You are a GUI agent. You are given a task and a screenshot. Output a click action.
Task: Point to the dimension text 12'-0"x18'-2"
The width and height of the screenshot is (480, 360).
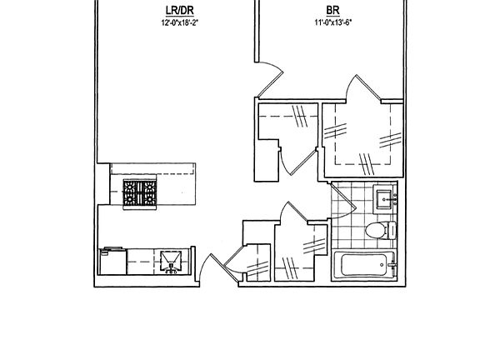[x=176, y=23]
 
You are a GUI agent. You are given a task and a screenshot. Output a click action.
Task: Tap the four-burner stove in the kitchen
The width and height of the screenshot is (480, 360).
[x=141, y=194]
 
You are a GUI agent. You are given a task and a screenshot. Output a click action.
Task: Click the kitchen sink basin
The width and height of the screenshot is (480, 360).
[x=171, y=261]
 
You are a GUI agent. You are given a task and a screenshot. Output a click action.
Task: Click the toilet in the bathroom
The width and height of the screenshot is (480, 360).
[x=377, y=231]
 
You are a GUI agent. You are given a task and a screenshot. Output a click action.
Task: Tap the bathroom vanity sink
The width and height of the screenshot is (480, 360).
[x=385, y=198]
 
